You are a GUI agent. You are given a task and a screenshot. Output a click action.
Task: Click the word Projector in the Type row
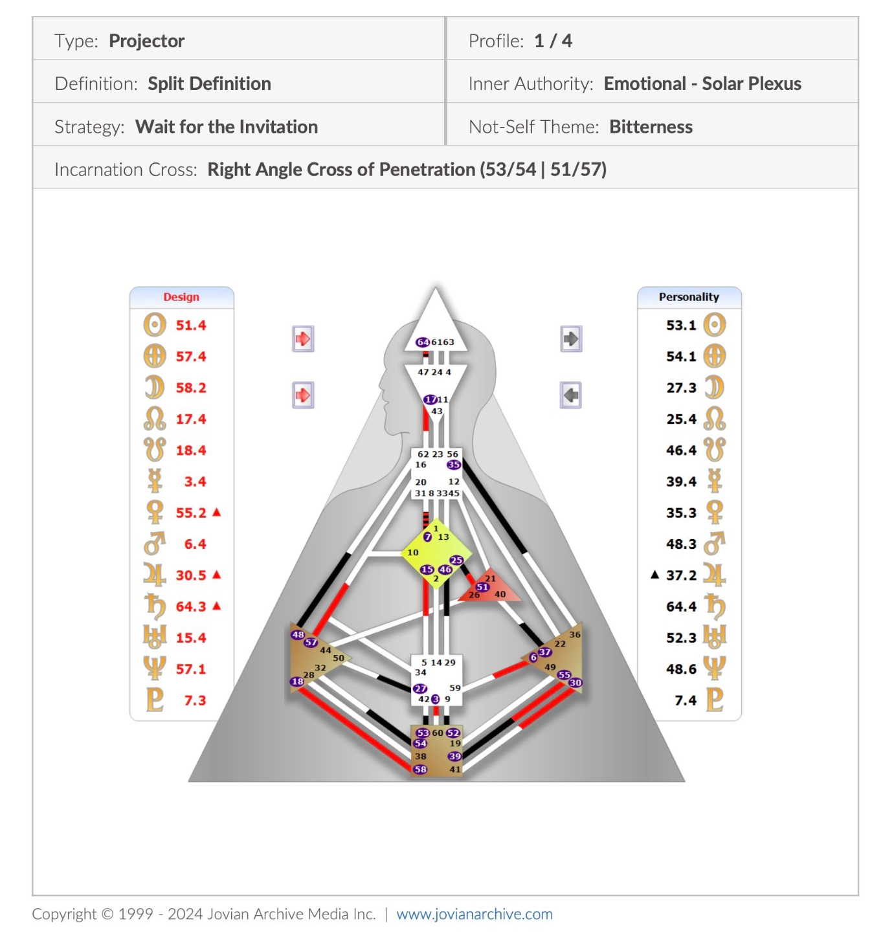146,41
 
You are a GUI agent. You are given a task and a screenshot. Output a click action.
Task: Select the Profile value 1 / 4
553,41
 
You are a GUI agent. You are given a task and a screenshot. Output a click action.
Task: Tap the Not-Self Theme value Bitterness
651,127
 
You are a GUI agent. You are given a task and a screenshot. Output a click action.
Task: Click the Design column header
181,297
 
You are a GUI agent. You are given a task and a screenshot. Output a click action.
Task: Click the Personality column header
689,297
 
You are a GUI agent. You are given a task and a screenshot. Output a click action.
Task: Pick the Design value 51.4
191,326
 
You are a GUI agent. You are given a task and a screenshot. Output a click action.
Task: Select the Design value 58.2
191,388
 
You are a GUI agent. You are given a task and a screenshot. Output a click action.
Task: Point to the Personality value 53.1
681,326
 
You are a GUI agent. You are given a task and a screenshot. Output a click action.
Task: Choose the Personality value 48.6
681,669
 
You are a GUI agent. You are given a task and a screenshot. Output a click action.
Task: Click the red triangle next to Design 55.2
217,512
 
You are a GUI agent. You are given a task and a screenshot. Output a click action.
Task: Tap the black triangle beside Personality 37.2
654,575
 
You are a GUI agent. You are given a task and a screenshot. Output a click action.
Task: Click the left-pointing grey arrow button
571,395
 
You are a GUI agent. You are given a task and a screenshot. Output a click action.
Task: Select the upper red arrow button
303,338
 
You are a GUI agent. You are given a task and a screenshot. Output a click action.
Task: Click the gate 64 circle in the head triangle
422,342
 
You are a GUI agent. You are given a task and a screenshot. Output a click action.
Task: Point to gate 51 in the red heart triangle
482,587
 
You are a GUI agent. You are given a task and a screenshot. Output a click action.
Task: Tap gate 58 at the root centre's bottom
421,770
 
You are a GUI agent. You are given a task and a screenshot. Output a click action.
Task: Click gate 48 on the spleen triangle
298,635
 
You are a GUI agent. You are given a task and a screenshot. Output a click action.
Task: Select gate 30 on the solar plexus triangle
575,683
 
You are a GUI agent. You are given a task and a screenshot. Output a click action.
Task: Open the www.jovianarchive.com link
475,914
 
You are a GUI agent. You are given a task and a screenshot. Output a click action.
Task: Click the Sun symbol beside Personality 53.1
715,325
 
